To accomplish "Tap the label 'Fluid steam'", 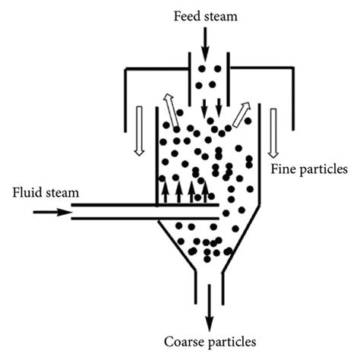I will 44,194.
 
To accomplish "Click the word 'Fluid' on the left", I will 27,194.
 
